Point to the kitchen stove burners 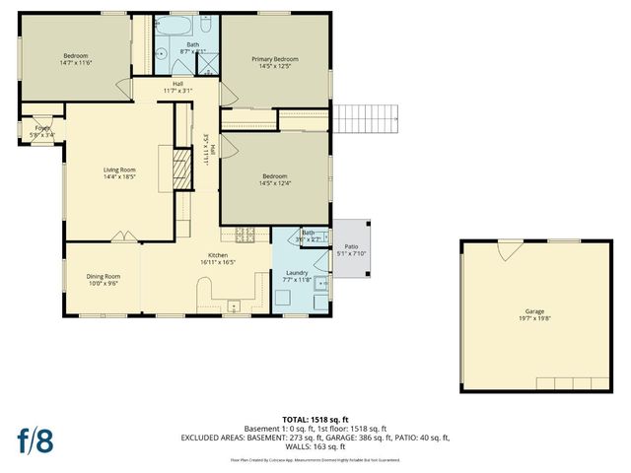[245, 235]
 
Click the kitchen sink [233, 304]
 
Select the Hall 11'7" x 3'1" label [177, 87]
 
